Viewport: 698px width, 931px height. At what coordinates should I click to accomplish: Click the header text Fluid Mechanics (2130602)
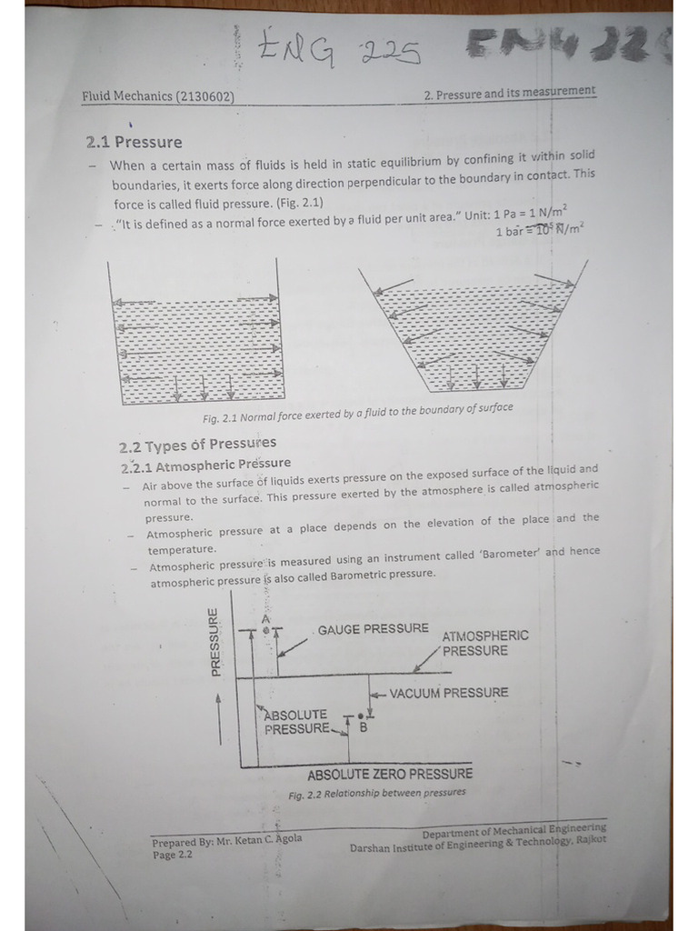tap(160, 95)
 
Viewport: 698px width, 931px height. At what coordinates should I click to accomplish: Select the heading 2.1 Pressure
tap(134, 142)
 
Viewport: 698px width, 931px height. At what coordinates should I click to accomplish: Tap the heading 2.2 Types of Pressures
tap(197, 445)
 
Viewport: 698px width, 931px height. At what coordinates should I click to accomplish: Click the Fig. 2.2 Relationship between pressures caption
tap(376, 793)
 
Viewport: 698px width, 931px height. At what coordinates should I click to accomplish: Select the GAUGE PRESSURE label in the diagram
tap(373, 629)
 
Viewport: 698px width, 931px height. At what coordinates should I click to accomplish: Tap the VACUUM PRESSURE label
tap(448, 693)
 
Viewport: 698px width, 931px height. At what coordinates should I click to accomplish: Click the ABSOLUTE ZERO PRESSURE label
tap(390, 775)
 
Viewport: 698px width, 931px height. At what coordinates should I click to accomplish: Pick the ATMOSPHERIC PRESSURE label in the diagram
tap(484, 644)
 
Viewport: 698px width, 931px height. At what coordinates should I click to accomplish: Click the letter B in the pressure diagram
tap(363, 727)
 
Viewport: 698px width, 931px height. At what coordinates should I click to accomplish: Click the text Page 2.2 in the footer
tap(172, 855)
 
